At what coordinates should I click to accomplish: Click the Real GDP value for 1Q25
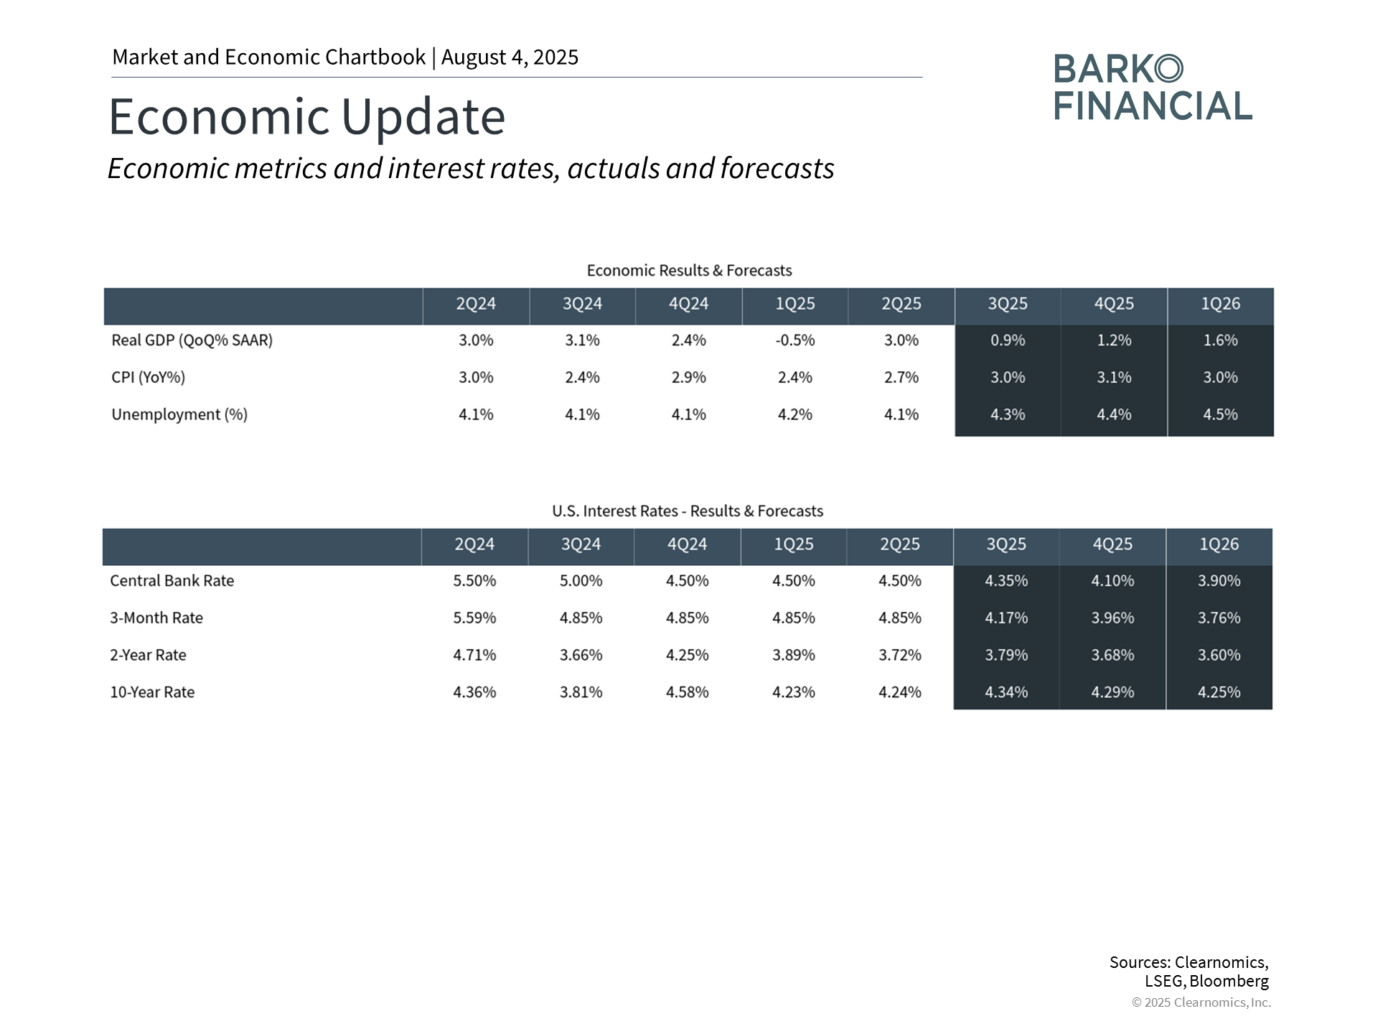pos(795,340)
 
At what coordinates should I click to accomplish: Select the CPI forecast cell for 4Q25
pos(1114,378)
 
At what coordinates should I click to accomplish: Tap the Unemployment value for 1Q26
pos(1220,415)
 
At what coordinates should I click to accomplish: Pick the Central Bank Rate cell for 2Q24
pos(474,581)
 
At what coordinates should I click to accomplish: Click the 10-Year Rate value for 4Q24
pos(687,692)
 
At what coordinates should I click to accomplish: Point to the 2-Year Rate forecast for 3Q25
pos(1006,655)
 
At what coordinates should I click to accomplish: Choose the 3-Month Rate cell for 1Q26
pos(1219,618)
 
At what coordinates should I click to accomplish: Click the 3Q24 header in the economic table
pos(582,304)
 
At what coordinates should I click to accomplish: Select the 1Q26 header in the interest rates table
pos(1219,544)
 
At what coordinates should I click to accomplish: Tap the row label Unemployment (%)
pos(179,415)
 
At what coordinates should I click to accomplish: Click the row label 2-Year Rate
pos(148,655)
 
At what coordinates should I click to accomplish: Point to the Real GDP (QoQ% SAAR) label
pos(192,340)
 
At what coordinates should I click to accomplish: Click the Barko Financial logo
pos(1153,87)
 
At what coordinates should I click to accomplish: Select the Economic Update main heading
pos(307,116)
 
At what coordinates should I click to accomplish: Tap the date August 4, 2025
pos(510,57)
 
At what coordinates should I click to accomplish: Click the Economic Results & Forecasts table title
pos(689,271)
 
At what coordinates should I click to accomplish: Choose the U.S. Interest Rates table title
pos(688,511)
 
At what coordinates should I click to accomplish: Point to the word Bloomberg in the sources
pos(1229,981)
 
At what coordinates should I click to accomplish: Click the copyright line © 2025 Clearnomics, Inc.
pos(1201,1002)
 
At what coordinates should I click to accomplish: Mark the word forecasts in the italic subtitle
pos(777,169)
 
